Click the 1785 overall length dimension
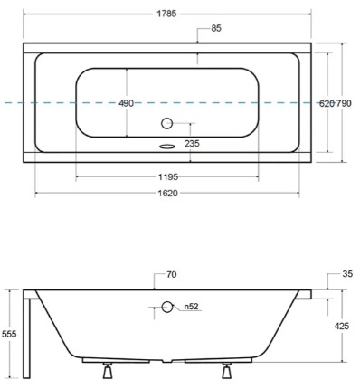(166, 14)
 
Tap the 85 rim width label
(216, 28)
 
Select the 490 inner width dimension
(126, 103)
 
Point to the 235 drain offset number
(192, 143)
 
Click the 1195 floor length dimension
(168, 177)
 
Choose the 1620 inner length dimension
(168, 193)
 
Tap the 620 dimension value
(327, 104)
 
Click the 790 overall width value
(344, 104)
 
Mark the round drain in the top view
(166, 123)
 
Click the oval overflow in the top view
(167, 147)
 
